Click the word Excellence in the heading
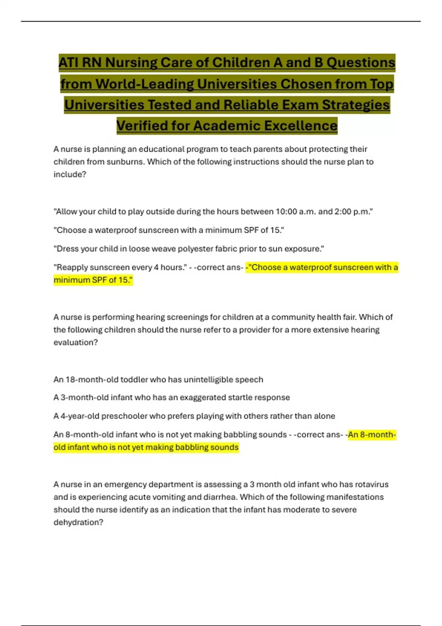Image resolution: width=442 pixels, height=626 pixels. click(x=301, y=126)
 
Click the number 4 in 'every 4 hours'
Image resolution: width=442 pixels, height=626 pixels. click(x=156, y=267)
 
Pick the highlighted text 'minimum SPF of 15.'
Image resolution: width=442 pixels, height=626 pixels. click(x=93, y=280)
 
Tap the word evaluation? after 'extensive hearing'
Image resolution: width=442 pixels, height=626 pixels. click(x=76, y=342)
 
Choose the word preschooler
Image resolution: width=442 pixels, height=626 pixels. click(x=124, y=416)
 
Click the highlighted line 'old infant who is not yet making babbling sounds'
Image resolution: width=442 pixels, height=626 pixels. click(x=146, y=447)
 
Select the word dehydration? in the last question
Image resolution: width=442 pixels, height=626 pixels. click(x=78, y=523)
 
